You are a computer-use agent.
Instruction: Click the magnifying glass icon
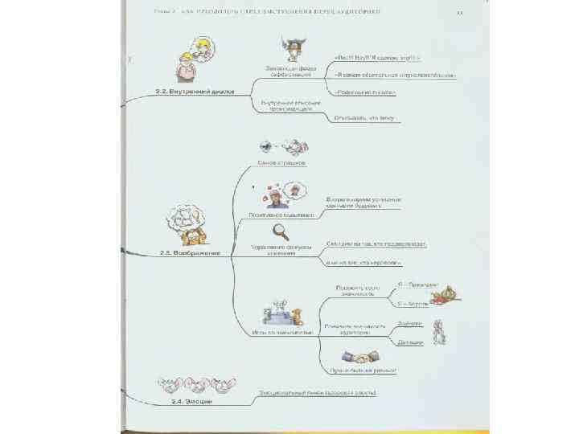[281, 231]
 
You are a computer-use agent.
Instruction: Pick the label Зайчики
[409, 323]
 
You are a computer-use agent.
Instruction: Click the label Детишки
[409, 342]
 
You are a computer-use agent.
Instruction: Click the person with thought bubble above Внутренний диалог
[195, 59]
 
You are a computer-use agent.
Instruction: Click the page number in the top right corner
[459, 12]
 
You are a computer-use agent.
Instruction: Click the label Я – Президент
[417, 285]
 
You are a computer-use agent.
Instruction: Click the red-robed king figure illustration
[443, 296]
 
